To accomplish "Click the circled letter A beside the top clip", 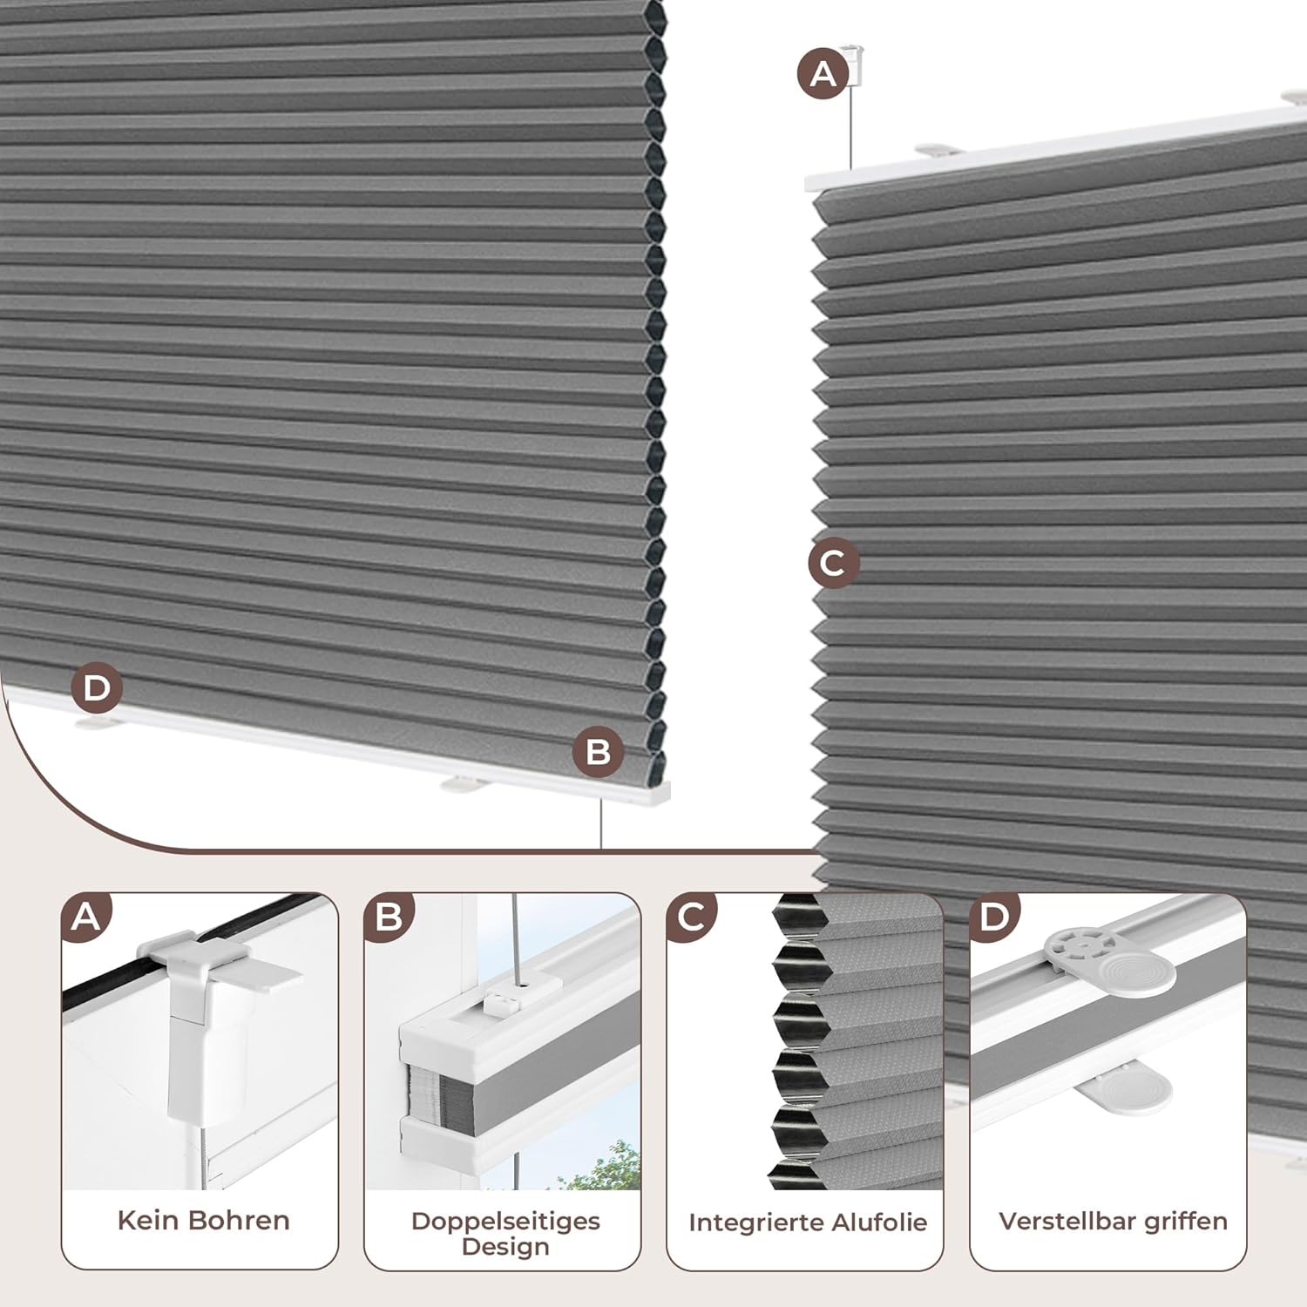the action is coord(823,74).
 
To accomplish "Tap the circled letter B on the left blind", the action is coord(599,752).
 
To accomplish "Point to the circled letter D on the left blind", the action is coord(97,688).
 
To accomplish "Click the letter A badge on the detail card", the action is coord(86,917).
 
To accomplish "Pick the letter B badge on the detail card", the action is coord(389,917).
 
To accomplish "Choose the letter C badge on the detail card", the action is coord(691,917).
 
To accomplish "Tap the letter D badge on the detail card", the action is coord(994,917).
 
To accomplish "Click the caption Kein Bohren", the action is coord(203,1221).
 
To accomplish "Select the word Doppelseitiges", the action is coord(505,1222).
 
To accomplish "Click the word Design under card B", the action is coord(505,1247).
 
